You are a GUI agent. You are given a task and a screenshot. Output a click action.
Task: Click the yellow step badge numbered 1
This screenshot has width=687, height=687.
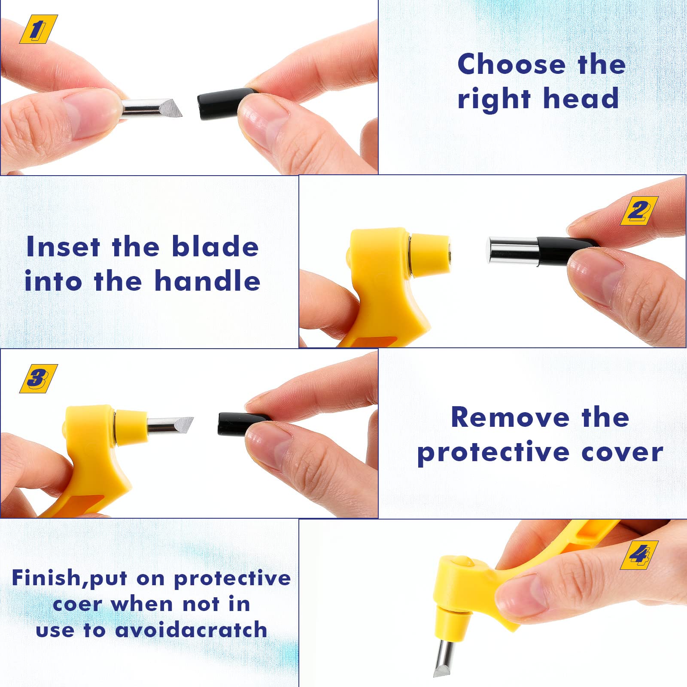pos(39,29)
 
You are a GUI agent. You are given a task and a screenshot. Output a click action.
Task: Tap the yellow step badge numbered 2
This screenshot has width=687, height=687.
pos(639,211)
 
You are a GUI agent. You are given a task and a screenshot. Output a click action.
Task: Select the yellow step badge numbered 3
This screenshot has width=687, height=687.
pos(39,379)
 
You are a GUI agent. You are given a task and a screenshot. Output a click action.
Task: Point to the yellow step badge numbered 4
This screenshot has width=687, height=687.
pos(639,555)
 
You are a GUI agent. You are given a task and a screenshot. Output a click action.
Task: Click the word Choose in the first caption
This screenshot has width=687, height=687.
pos(512,64)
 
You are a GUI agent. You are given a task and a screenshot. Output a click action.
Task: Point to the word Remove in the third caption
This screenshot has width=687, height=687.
pos(510,417)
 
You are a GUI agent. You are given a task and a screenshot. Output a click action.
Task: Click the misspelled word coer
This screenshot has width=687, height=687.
pos(77,605)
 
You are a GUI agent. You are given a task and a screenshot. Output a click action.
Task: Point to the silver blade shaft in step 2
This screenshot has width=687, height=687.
pos(513,251)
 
